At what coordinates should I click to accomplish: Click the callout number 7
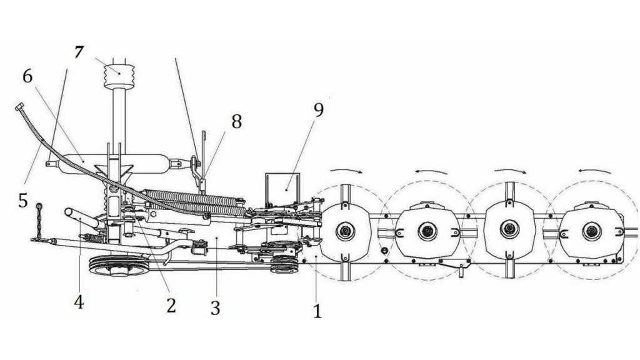pyautogui.click(x=79, y=52)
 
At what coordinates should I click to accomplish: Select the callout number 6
pyautogui.click(x=27, y=76)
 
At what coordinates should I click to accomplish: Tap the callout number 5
pyautogui.click(x=23, y=201)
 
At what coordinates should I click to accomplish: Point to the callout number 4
pyautogui.click(x=79, y=302)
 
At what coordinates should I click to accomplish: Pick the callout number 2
pyautogui.click(x=171, y=305)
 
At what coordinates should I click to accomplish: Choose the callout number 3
pyautogui.click(x=216, y=308)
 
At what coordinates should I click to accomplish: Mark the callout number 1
pyautogui.click(x=317, y=311)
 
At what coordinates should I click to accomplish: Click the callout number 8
pyautogui.click(x=236, y=121)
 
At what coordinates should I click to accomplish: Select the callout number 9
pyautogui.click(x=318, y=110)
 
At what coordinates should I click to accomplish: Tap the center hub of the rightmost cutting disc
pyautogui.click(x=591, y=231)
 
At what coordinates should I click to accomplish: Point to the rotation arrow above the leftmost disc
pyautogui.click(x=346, y=169)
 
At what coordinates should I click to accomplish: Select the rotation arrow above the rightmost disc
pyautogui.click(x=595, y=170)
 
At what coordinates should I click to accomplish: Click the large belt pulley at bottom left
pyautogui.click(x=119, y=265)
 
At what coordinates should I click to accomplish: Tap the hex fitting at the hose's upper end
pyautogui.click(x=19, y=107)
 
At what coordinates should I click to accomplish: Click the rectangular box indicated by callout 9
pyautogui.click(x=282, y=189)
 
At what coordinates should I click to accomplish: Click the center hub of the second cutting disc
pyautogui.click(x=427, y=231)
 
